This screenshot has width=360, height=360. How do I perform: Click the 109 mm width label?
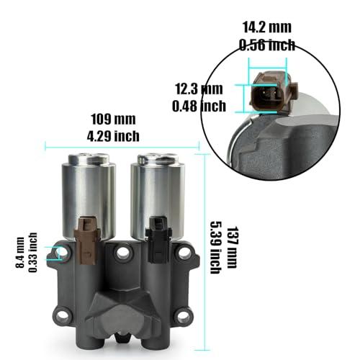point(113,120)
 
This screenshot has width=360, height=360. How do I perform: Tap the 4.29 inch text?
point(113,136)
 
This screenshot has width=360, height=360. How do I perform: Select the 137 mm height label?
point(232,247)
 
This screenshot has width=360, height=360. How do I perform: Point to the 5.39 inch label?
point(215,248)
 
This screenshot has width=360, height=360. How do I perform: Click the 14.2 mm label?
point(267,27)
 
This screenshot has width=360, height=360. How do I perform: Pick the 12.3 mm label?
point(199,89)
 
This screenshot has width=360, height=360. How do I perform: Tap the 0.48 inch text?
point(199,106)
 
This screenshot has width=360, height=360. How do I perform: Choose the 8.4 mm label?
point(20,253)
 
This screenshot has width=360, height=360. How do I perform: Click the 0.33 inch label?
point(33,253)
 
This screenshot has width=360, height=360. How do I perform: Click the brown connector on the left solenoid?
point(87,240)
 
